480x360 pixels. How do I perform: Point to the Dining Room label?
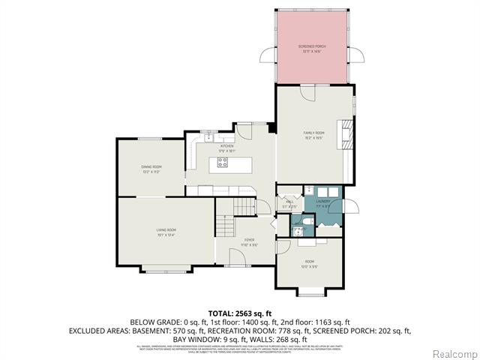pyautogui.click(x=151, y=168)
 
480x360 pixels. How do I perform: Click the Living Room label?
pyautogui.click(x=166, y=231)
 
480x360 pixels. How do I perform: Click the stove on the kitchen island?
pyautogui.click(x=223, y=162)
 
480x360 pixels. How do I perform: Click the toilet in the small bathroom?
pyautogui.click(x=297, y=223)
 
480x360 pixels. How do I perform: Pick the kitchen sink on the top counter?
pyautogui.click(x=208, y=139)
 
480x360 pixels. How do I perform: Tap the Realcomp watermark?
pyautogui.click(x=455, y=352)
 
